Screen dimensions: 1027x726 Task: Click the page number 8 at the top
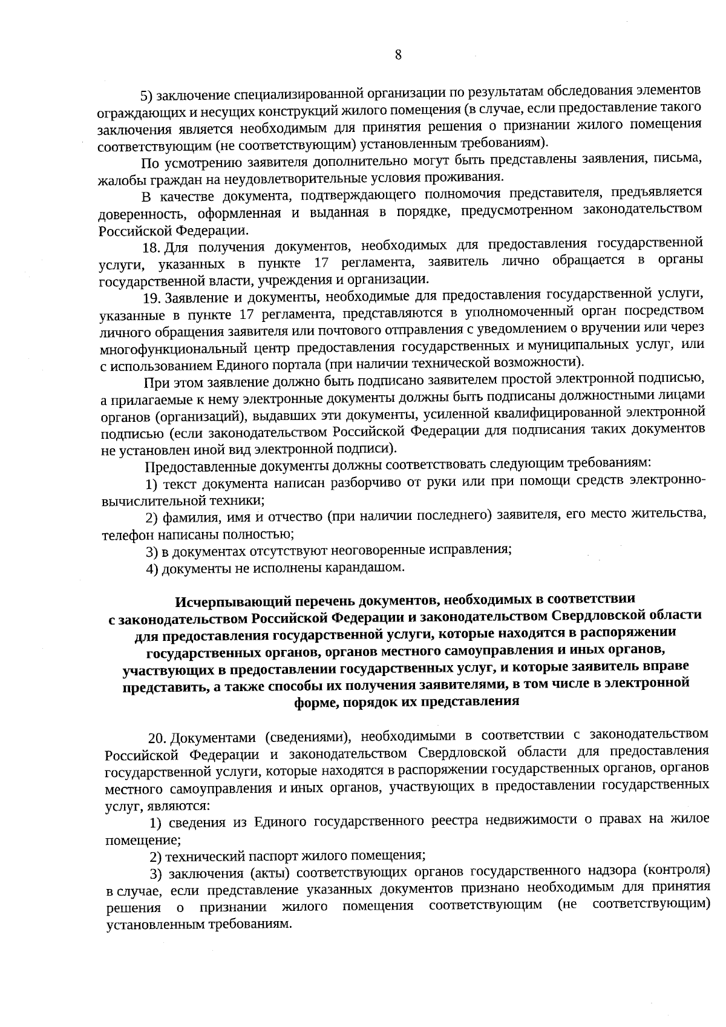click(x=398, y=55)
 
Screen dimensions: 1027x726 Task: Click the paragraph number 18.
click(x=151, y=248)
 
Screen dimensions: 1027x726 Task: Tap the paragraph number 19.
click(x=152, y=298)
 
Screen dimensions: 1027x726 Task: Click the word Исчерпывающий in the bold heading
click(x=216, y=601)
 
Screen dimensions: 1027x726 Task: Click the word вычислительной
click(x=143, y=500)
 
